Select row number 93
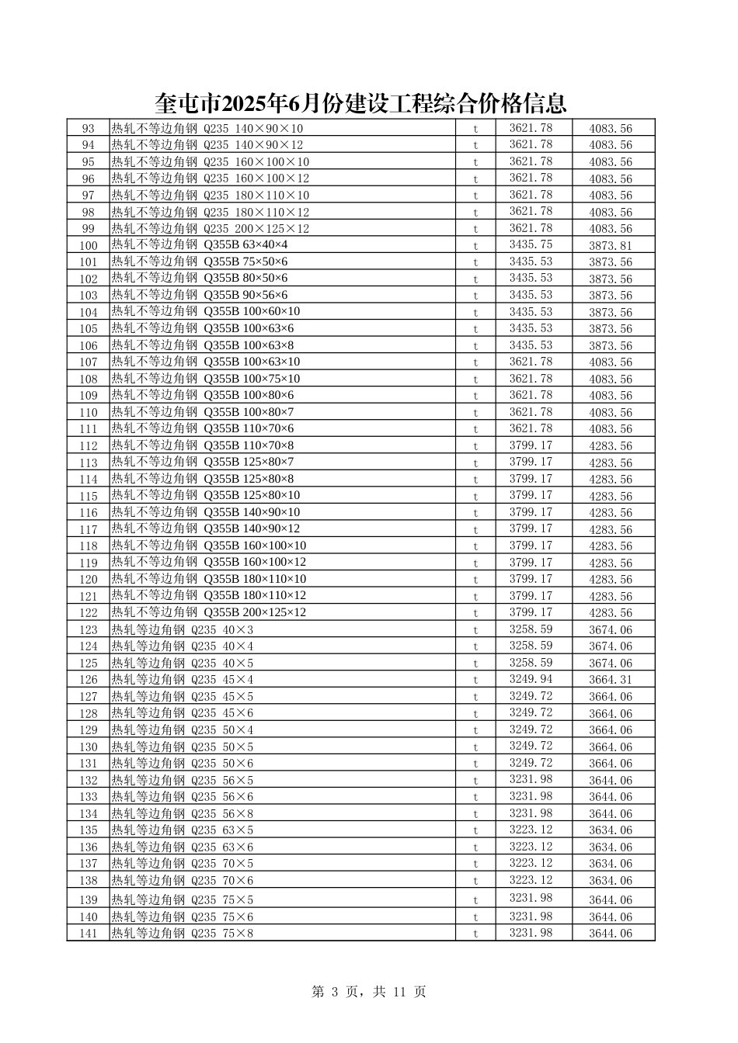(x=88, y=129)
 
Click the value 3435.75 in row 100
(x=531, y=244)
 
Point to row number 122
(x=89, y=613)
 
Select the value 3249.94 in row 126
(x=531, y=679)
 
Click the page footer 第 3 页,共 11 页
(x=368, y=992)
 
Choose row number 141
(x=89, y=934)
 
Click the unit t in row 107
(x=475, y=362)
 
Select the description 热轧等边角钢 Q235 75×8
(x=183, y=934)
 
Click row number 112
(x=89, y=446)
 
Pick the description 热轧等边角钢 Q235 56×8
(x=183, y=813)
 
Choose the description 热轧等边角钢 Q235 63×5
(x=183, y=830)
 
